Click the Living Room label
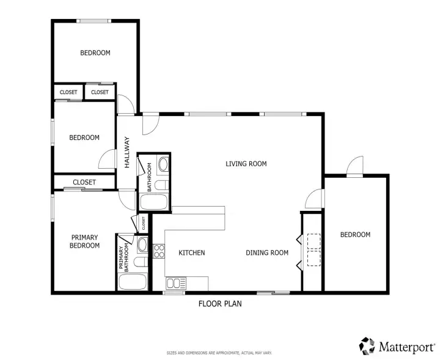246,164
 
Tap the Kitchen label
192,253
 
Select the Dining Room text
267,253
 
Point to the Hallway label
127,152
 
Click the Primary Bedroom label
84,241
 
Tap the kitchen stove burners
159,251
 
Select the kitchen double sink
176,284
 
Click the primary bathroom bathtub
133,282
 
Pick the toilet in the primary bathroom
141,262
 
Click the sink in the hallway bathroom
163,164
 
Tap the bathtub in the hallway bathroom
154,202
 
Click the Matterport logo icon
367,346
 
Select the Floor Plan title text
220,304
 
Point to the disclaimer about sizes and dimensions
219,353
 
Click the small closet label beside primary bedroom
144,223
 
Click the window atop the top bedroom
94,21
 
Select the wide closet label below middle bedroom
84,182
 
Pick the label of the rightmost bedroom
355,235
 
